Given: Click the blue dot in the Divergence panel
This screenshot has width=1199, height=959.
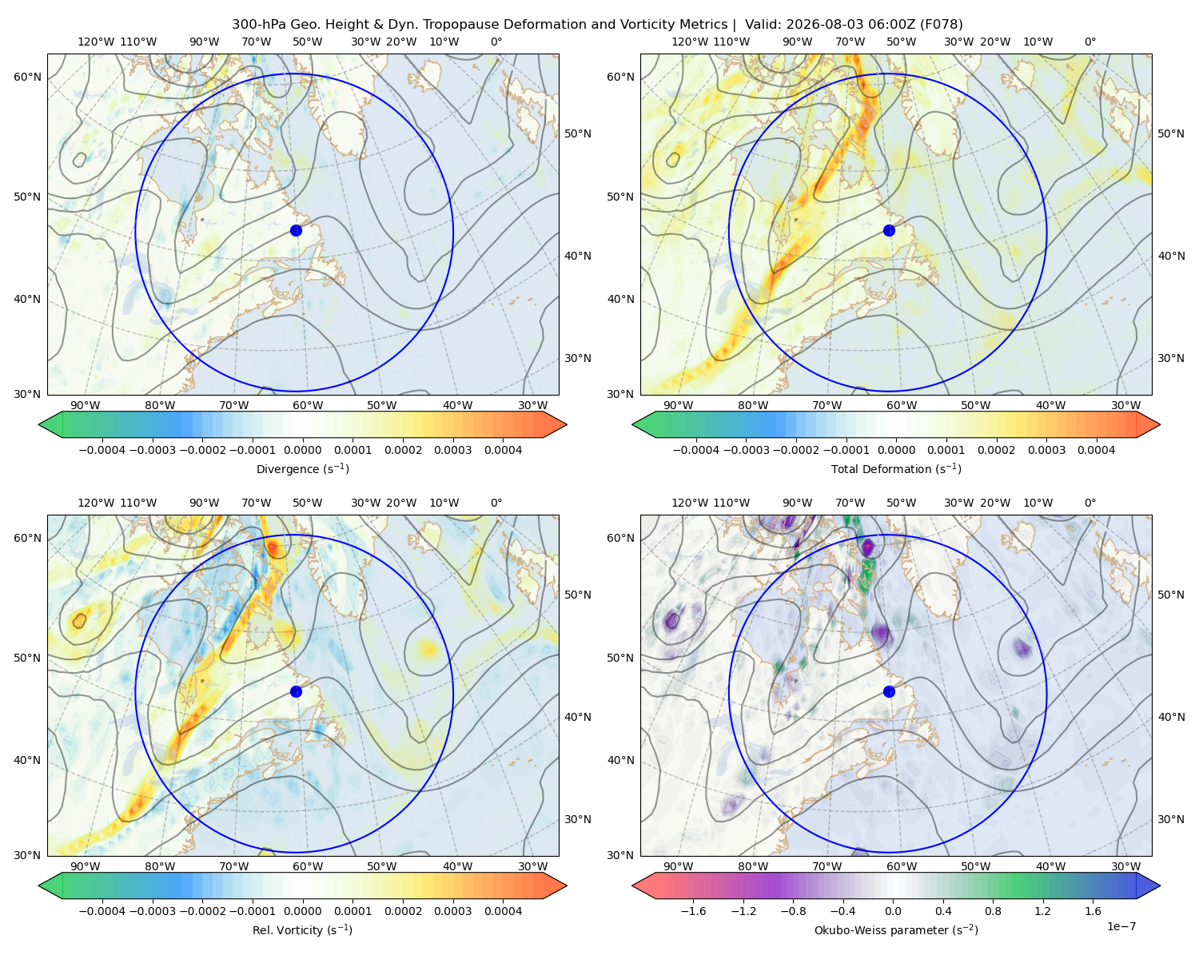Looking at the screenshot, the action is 296,231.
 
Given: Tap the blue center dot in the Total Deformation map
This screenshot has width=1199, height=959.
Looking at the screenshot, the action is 889,231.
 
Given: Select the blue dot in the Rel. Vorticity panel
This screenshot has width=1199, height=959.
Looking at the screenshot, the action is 296,691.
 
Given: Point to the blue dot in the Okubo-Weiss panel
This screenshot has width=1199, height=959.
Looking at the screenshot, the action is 889,691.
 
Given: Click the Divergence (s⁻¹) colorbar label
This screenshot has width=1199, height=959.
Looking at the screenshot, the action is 302,468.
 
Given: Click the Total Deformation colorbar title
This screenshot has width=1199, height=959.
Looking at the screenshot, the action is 896,468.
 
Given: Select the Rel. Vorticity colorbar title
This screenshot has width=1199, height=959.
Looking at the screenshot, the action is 302,930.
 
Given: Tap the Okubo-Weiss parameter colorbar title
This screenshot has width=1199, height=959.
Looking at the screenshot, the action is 896,930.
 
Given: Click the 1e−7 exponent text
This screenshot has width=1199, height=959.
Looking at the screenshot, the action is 1121,926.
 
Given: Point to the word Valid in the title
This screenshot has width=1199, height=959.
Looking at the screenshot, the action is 759,25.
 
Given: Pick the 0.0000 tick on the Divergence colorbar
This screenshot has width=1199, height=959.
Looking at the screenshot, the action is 302,450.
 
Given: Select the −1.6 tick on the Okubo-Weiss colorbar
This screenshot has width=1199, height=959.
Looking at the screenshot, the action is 693,911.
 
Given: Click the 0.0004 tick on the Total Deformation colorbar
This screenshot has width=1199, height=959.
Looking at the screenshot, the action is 1097,450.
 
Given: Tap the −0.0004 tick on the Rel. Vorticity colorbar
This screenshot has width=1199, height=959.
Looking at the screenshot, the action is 102,911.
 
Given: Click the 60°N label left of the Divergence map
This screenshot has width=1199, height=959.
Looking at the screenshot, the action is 27,77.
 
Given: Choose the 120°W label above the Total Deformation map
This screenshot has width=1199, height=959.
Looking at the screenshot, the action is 690,42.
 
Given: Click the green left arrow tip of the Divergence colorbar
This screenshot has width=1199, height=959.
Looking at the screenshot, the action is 39,424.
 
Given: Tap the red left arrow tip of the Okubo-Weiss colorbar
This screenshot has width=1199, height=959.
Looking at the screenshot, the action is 632,885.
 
